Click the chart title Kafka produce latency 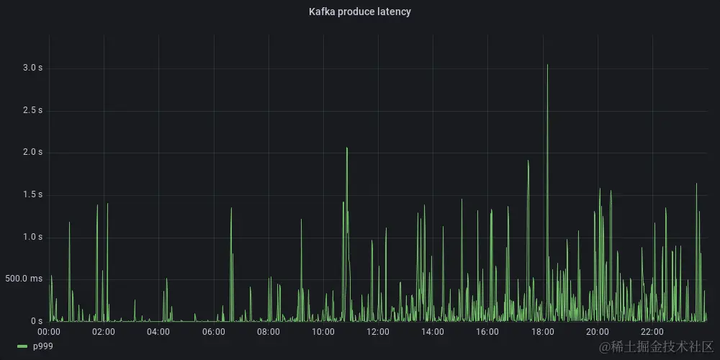359,12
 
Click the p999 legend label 43,346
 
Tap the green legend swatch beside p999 22,347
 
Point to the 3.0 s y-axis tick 33,68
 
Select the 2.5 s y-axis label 33,110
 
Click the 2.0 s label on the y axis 33,152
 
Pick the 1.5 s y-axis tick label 33,194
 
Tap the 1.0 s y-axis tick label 33,237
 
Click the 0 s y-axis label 37,321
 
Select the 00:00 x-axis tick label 48,332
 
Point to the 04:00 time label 158,332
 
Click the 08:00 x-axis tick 269,332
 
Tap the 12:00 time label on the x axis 378,332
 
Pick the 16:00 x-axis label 487,332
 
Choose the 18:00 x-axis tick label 542,332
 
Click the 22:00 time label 652,332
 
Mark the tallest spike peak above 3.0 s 547,65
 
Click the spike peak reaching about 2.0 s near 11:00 347,148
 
